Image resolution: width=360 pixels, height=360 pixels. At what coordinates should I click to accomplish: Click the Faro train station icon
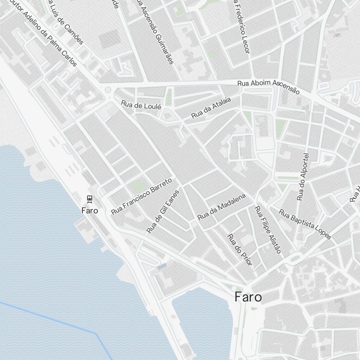(x=90, y=199)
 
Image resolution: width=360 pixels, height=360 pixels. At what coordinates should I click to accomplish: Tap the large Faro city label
(x=248, y=297)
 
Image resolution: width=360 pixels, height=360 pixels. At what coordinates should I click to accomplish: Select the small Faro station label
(x=90, y=210)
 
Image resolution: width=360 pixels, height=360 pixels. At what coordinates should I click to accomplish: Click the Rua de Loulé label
(x=141, y=105)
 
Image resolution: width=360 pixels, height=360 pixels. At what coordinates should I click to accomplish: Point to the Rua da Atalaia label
(x=211, y=107)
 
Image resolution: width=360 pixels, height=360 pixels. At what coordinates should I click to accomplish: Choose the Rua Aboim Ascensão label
(x=268, y=87)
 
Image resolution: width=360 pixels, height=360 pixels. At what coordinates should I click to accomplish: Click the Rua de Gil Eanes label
(x=163, y=211)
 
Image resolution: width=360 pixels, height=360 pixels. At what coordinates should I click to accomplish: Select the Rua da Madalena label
(x=221, y=207)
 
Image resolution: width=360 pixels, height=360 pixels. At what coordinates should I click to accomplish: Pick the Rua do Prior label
(x=239, y=249)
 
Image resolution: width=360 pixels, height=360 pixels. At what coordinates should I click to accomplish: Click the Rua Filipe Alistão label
(x=267, y=229)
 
